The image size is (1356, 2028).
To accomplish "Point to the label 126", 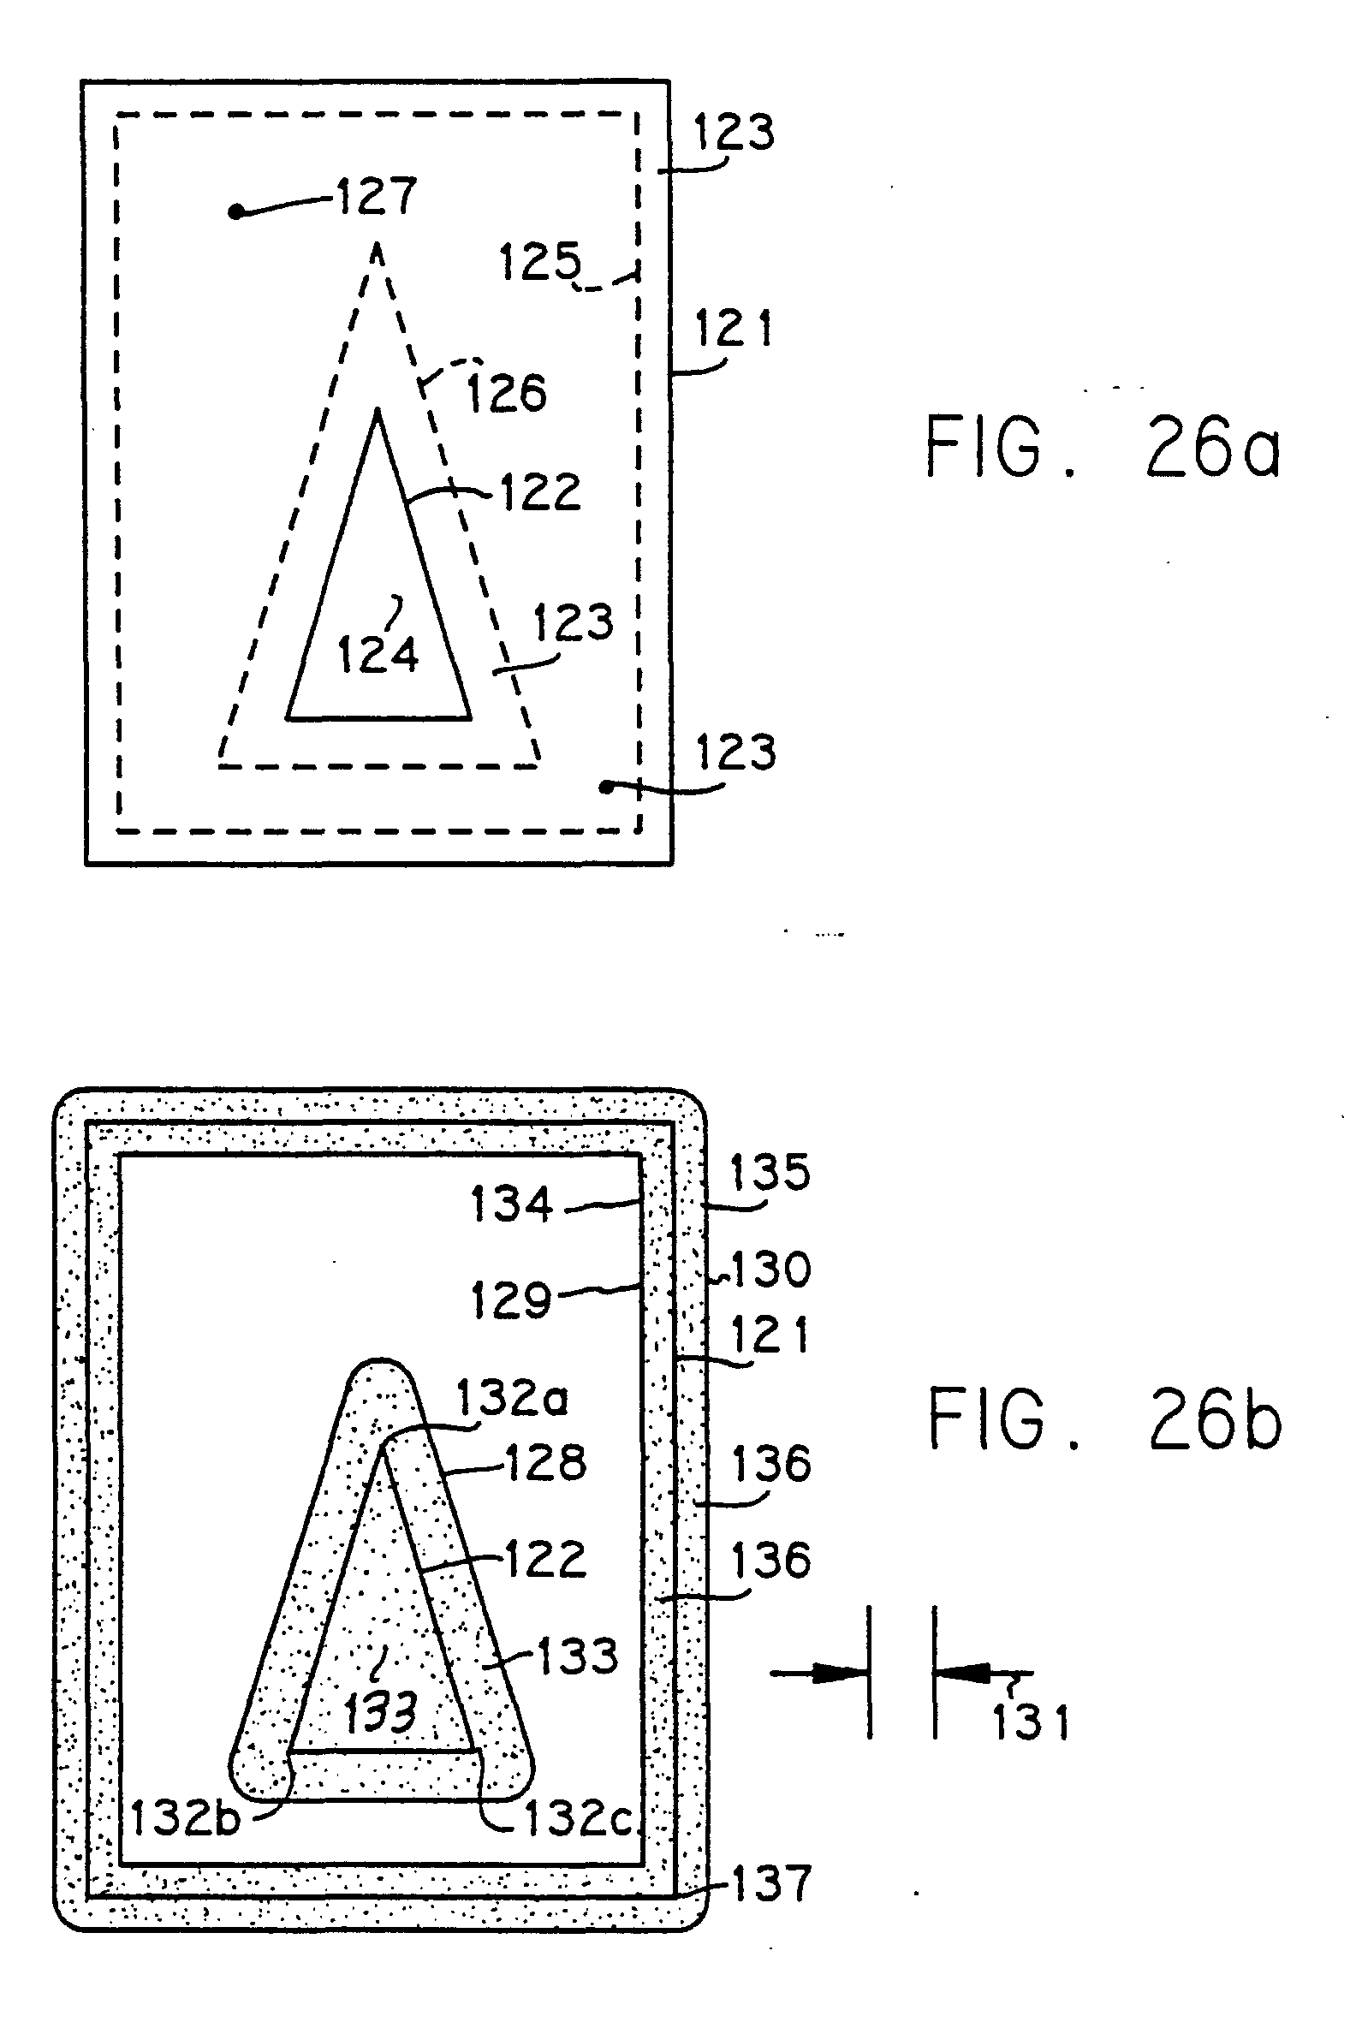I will tap(507, 393).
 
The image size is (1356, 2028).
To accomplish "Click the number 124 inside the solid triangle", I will tap(378, 654).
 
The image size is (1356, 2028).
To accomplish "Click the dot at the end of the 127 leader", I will tap(235, 211).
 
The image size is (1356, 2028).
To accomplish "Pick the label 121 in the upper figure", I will tap(734, 329).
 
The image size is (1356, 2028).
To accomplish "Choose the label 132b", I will tap(185, 1819).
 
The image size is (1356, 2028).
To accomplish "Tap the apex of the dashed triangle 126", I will tap(377, 248).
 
